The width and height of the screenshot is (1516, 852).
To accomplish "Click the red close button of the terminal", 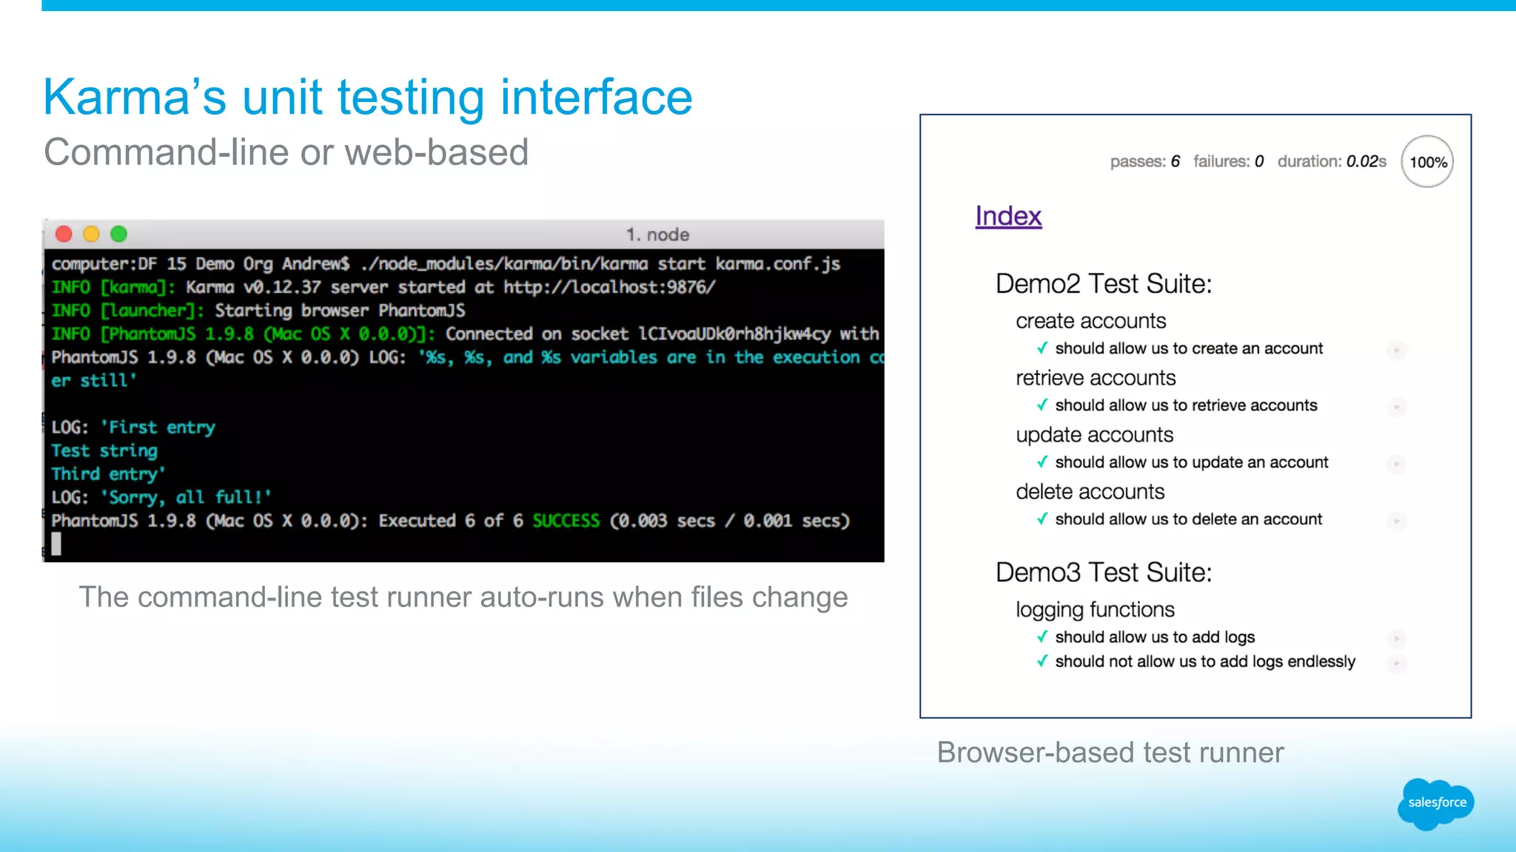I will [x=64, y=234].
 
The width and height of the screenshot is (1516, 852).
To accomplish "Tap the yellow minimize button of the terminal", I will [x=91, y=234].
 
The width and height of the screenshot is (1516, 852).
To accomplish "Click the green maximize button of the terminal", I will [x=118, y=234].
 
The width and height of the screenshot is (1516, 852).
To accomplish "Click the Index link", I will [x=1008, y=216].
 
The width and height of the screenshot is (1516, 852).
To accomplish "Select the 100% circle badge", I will [x=1427, y=162].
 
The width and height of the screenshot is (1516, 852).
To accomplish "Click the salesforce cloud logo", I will [x=1436, y=802].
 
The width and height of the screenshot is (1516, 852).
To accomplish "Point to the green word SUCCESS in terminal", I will [x=566, y=521].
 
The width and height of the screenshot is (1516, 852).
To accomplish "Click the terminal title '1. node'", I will [x=657, y=234].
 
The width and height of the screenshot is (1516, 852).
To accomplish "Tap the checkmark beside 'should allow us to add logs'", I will [x=1042, y=637].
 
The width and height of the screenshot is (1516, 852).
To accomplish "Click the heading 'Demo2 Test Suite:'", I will [x=1103, y=284].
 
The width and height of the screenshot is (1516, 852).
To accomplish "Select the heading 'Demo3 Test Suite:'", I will [x=1103, y=572].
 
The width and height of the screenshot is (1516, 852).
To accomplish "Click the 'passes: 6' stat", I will [x=1144, y=161].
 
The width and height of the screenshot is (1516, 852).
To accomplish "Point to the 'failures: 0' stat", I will [x=1228, y=161].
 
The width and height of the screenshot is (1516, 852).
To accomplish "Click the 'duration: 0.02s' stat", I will [x=1332, y=161].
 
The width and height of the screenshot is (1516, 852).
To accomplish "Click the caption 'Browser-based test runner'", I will [x=1110, y=752].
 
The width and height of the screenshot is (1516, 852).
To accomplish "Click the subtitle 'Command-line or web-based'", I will [x=286, y=152].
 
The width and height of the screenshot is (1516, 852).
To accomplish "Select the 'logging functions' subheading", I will [x=1095, y=609].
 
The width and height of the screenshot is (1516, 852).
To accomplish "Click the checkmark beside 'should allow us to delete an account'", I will [x=1042, y=519].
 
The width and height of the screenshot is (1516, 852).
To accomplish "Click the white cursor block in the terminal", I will [x=56, y=544].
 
